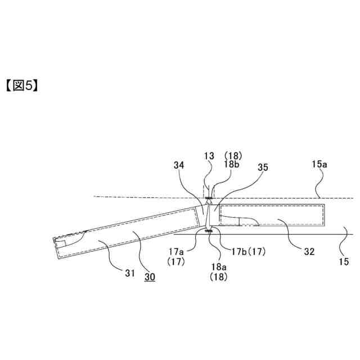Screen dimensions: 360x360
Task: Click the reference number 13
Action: [209, 156]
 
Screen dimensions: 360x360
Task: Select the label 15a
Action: [317, 164]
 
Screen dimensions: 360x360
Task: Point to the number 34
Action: [179, 166]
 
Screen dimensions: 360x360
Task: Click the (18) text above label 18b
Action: [232, 155]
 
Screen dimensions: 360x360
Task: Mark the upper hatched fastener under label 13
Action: [209, 197]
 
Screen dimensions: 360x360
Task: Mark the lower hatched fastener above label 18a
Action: [209, 230]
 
